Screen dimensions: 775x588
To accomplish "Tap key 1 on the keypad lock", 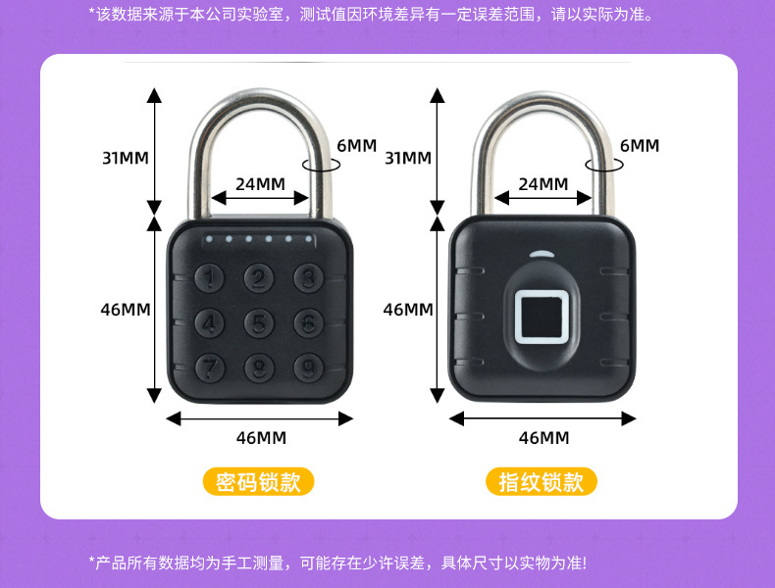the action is [x=210, y=278].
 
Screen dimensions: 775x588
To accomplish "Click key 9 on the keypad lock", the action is [x=308, y=367].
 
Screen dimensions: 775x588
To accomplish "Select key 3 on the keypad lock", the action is [x=308, y=278].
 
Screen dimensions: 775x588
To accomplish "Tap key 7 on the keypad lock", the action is [x=210, y=367].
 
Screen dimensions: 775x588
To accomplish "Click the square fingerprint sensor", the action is [x=541, y=318].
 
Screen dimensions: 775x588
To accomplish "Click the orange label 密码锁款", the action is [x=258, y=482].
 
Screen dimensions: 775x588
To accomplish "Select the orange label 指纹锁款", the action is [x=541, y=482].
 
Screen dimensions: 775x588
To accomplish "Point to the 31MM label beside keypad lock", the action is [x=126, y=158].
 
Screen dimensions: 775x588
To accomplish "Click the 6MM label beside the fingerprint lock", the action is [x=639, y=146].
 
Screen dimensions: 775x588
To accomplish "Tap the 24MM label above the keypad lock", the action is [x=260, y=183].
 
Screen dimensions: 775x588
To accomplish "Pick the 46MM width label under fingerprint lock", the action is [x=542, y=438].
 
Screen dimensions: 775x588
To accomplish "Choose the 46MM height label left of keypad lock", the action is [x=126, y=309].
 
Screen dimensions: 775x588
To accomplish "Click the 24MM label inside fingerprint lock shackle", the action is [x=542, y=183].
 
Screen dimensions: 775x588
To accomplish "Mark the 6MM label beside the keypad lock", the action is [x=356, y=146].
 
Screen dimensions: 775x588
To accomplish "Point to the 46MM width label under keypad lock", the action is [x=261, y=438].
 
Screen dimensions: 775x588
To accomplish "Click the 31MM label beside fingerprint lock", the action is [x=408, y=158].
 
